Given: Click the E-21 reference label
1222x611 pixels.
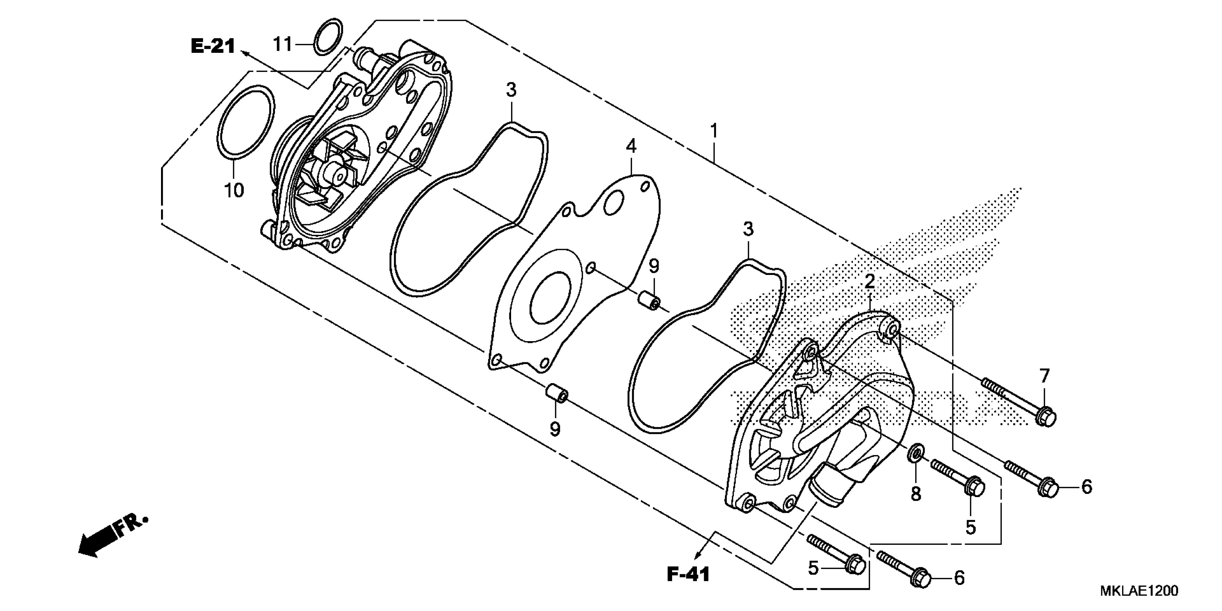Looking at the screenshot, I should click(213, 46).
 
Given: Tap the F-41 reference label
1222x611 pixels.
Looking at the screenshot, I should click(688, 574).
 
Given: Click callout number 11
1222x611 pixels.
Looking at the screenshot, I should click(283, 45).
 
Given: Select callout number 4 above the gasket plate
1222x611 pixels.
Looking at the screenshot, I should click(631, 147).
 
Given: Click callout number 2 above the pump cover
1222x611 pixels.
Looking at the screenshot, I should click(869, 282).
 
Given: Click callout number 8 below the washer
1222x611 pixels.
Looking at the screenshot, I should click(915, 494).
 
